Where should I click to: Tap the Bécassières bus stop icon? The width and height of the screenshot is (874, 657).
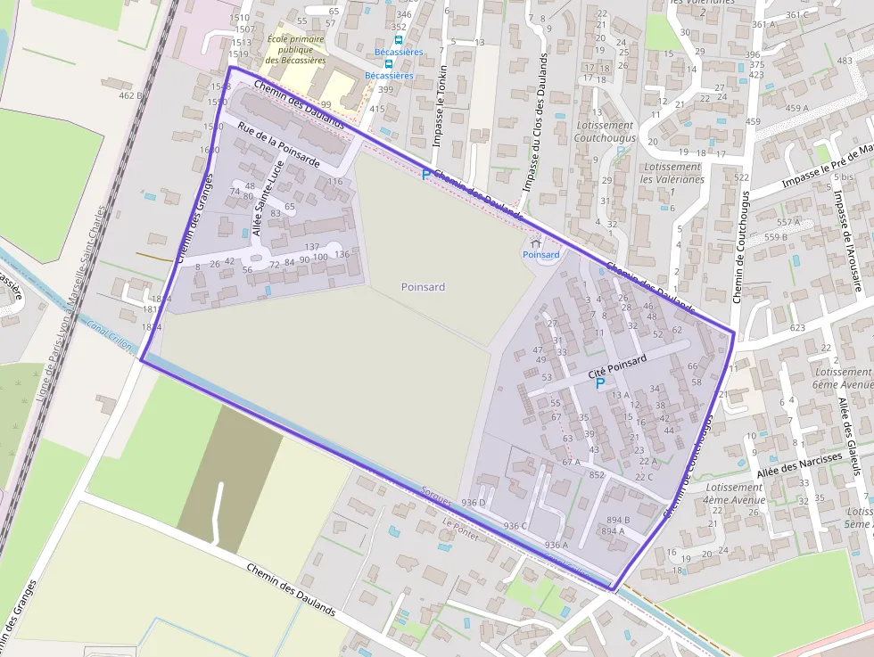point(399,39)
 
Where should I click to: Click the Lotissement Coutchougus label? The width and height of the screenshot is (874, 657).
point(605,132)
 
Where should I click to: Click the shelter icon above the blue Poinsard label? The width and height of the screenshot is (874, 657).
point(535,242)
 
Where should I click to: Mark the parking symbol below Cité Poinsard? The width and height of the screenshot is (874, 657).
point(600,383)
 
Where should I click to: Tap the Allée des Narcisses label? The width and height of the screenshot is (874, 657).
point(799,464)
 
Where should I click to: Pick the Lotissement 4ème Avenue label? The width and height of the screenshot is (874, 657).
point(733,494)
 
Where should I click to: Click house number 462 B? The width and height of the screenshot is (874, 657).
point(130,95)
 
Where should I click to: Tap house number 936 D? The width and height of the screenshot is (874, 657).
point(474,504)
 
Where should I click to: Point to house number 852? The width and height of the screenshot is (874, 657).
point(597,474)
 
